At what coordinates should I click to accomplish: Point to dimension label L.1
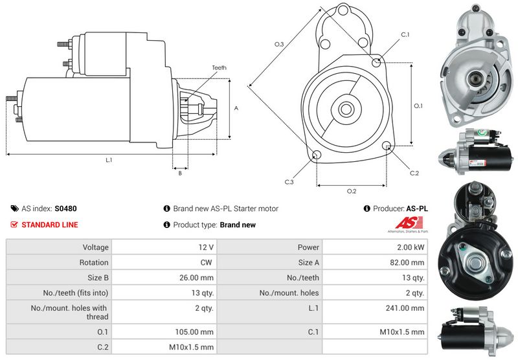click(x=109, y=160)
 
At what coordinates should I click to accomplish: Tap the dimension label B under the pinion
click(x=179, y=173)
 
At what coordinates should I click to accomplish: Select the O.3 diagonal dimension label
click(x=279, y=44)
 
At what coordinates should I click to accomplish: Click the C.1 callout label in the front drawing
click(x=405, y=34)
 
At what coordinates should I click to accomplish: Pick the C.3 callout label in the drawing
click(x=289, y=182)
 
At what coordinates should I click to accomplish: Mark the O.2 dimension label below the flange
click(x=352, y=191)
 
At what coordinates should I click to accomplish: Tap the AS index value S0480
click(x=65, y=209)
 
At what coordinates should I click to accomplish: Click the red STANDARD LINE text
click(x=50, y=225)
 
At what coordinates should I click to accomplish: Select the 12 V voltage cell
click(x=207, y=247)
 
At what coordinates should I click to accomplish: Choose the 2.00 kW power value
click(x=411, y=247)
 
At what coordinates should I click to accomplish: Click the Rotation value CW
click(x=207, y=263)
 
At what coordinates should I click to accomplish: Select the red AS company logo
click(x=406, y=223)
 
